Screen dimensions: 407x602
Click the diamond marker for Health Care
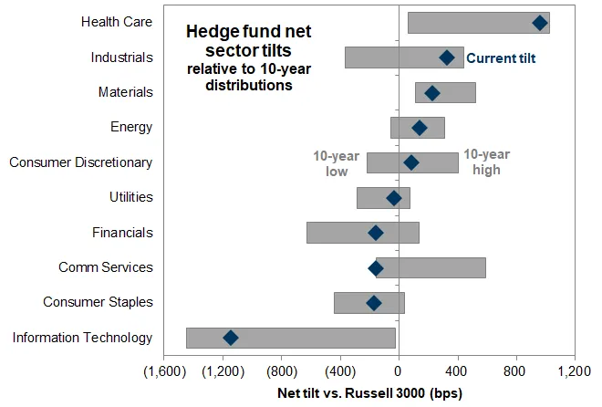point(540,23)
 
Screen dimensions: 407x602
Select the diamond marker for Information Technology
point(231,338)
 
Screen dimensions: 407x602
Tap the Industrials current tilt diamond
point(447,57)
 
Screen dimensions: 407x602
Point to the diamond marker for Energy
point(420,128)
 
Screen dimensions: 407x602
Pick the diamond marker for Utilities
point(394,198)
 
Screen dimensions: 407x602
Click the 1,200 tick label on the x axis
point(575,372)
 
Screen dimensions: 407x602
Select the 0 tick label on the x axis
point(399,372)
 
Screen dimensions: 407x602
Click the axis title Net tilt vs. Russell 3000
point(369,394)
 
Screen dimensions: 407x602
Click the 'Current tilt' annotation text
point(501,58)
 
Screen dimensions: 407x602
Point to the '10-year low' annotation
point(330,162)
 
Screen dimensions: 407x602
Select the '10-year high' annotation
point(486,162)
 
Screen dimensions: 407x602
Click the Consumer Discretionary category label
point(81,162)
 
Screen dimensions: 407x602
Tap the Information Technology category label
point(83,338)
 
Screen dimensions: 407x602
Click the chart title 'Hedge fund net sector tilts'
point(248,41)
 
